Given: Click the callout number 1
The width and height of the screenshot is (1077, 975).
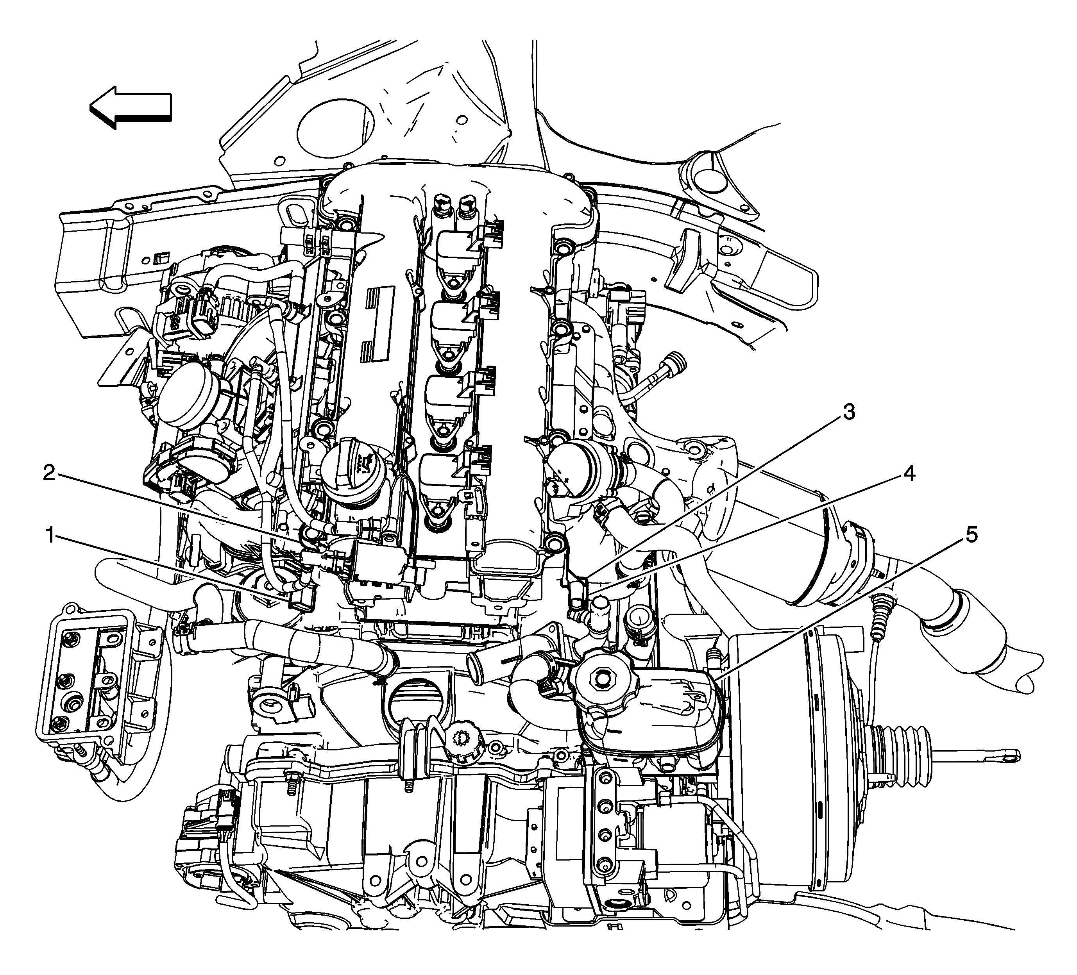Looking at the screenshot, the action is pos(51,536).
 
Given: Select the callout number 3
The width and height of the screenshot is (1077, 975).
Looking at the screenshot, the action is pos(848,412).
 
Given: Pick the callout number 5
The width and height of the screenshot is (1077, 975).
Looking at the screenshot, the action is pos(971,534).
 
